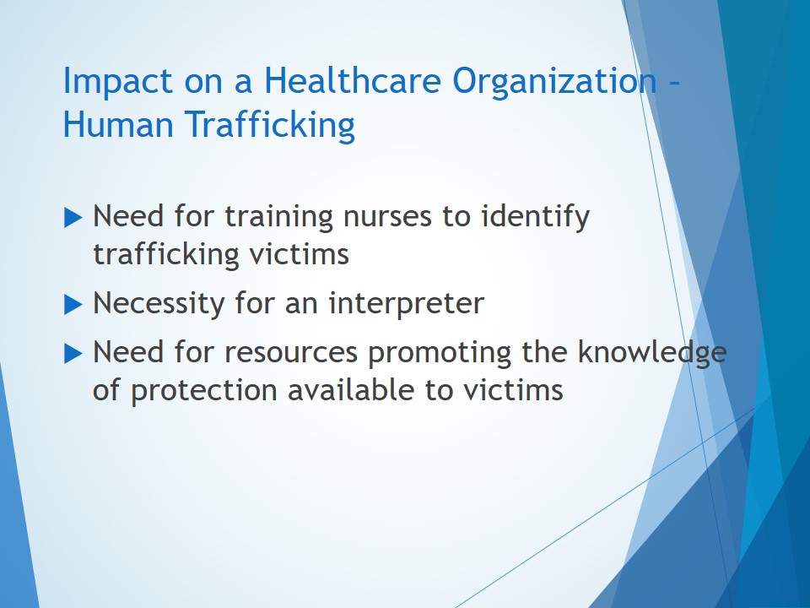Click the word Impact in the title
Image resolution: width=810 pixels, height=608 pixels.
117,81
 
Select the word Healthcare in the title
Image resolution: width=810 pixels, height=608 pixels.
353,80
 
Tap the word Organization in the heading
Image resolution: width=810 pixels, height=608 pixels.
554,82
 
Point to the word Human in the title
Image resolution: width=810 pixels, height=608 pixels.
118,124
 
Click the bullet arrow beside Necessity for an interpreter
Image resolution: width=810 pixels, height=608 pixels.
73,304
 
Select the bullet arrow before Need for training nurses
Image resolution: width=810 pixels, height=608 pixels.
73,217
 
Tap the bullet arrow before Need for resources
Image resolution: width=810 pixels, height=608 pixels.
73,354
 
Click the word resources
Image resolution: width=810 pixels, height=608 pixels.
291,354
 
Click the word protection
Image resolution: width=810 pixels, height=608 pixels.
204,391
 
